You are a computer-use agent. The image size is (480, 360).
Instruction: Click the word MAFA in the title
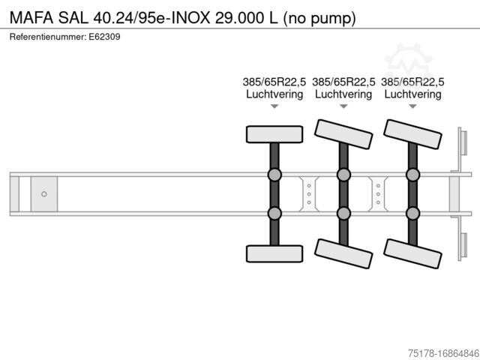coord(31,18)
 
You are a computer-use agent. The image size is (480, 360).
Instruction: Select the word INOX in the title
coord(190,18)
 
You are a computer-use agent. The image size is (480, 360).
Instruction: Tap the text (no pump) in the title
coord(319,19)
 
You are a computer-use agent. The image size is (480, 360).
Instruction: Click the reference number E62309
coord(104,37)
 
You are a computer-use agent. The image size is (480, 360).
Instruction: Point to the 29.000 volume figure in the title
coord(240,18)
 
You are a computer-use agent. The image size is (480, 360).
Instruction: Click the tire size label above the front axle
coord(274,82)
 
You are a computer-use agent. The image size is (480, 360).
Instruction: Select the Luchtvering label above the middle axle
coord(343,94)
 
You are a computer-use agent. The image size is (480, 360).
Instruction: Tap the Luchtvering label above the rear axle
coord(412,94)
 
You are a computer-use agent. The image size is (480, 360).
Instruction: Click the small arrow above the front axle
coord(274,106)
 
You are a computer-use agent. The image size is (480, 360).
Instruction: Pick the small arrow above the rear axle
coord(412,106)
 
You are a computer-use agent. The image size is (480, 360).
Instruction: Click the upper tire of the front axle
coord(274,134)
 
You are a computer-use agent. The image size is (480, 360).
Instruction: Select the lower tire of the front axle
coord(274,253)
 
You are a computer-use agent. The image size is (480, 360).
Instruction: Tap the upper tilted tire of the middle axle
coord(343,134)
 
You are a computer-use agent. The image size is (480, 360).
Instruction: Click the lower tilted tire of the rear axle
coord(412,253)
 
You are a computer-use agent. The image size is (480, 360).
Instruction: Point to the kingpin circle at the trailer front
coord(44,194)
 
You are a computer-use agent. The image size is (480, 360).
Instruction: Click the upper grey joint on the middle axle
coord(343,175)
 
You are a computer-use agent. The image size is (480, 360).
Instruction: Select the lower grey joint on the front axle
coord(274,213)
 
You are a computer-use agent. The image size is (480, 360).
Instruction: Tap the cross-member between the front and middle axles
coord(309,194)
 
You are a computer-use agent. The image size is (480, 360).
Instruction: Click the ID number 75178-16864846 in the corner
coord(444,353)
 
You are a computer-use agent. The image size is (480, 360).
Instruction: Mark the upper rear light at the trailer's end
coord(463,143)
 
